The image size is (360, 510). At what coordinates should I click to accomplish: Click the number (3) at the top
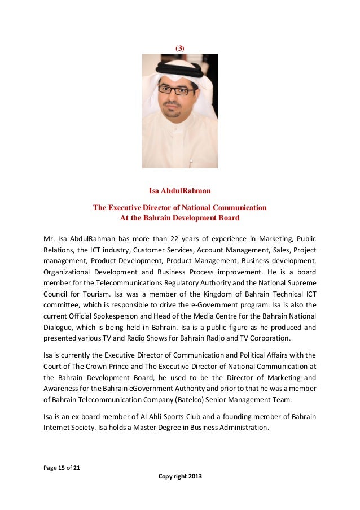coord(180,49)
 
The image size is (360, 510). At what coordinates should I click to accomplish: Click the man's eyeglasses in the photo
coord(176,90)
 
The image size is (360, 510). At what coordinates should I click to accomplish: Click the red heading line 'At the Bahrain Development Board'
coord(180,217)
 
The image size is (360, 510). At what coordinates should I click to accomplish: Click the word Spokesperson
coord(126,316)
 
